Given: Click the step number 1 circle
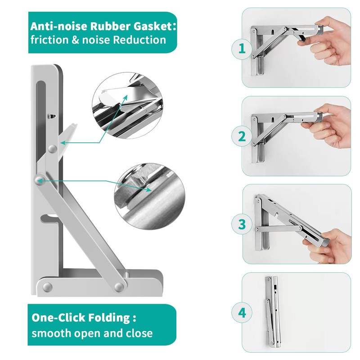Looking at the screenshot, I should [x=242, y=50].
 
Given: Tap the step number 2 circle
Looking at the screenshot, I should [x=242, y=136].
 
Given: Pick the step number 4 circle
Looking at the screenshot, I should [x=242, y=312].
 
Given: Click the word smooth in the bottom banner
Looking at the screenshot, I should [x=48, y=333].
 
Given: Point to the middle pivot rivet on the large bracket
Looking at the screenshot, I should [x=38, y=180].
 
